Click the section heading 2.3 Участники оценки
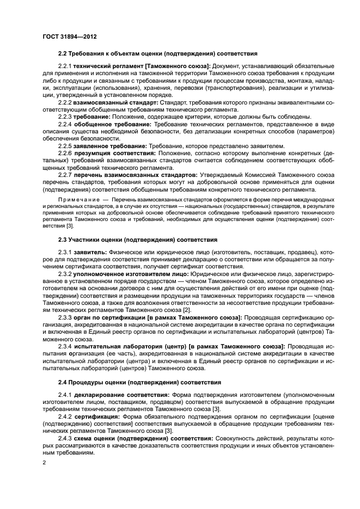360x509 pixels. coord(137,239)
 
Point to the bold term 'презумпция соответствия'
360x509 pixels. coord(114,154)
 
